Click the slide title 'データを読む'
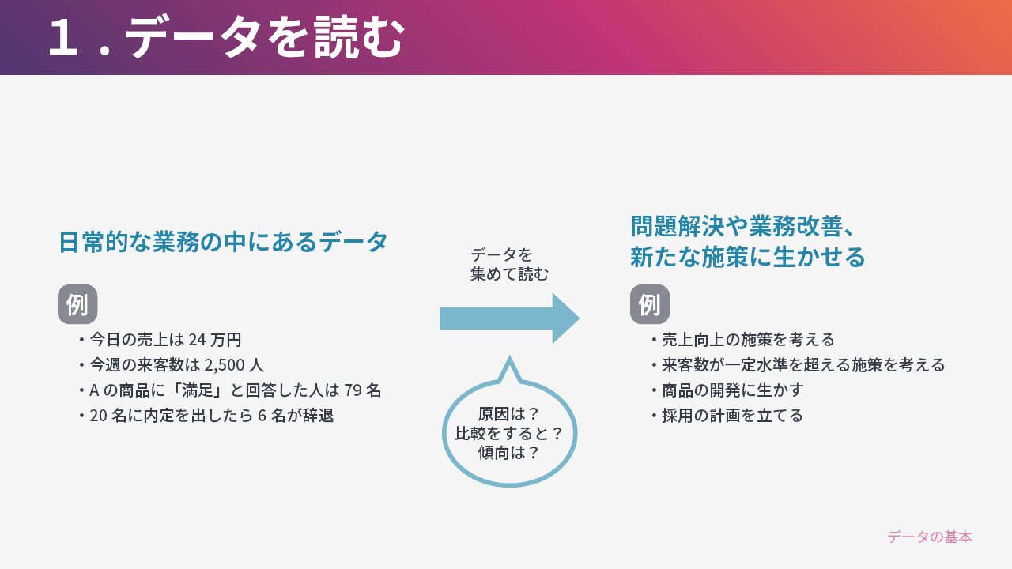(264, 37)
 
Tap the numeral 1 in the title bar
(62, 37)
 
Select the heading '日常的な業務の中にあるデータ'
(223, 242)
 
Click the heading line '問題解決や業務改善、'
(743, 226)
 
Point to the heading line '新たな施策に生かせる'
(747, 257)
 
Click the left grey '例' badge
(77, 304)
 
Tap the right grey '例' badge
(650, 304)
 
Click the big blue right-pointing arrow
(510, 318)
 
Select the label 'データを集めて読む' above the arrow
(509, 264)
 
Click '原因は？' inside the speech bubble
(509, 413)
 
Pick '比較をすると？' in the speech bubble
(509, 434)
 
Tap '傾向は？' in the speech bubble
(509, 453)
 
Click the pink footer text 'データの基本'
(930, 537)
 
